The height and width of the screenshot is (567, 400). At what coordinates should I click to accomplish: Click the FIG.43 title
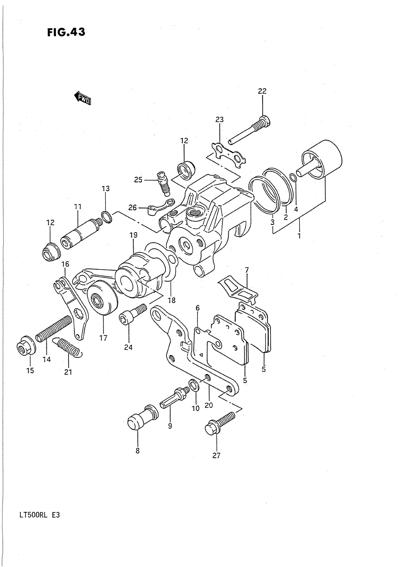65,32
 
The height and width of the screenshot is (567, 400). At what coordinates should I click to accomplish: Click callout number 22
262,91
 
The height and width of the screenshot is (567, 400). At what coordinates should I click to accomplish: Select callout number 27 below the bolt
216,455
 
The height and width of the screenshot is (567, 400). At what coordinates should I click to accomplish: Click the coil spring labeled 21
69,346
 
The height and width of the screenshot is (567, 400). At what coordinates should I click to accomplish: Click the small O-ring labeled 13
106,216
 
